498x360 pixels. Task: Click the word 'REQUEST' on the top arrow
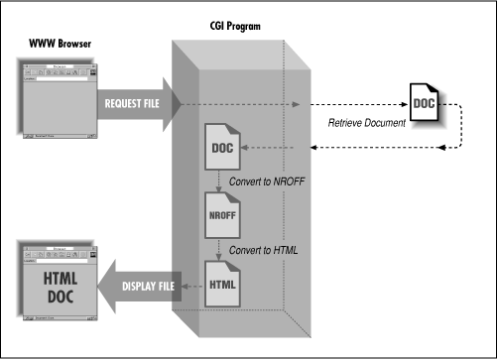tap(120, 101)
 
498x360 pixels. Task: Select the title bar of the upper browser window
tap(56, 63)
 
